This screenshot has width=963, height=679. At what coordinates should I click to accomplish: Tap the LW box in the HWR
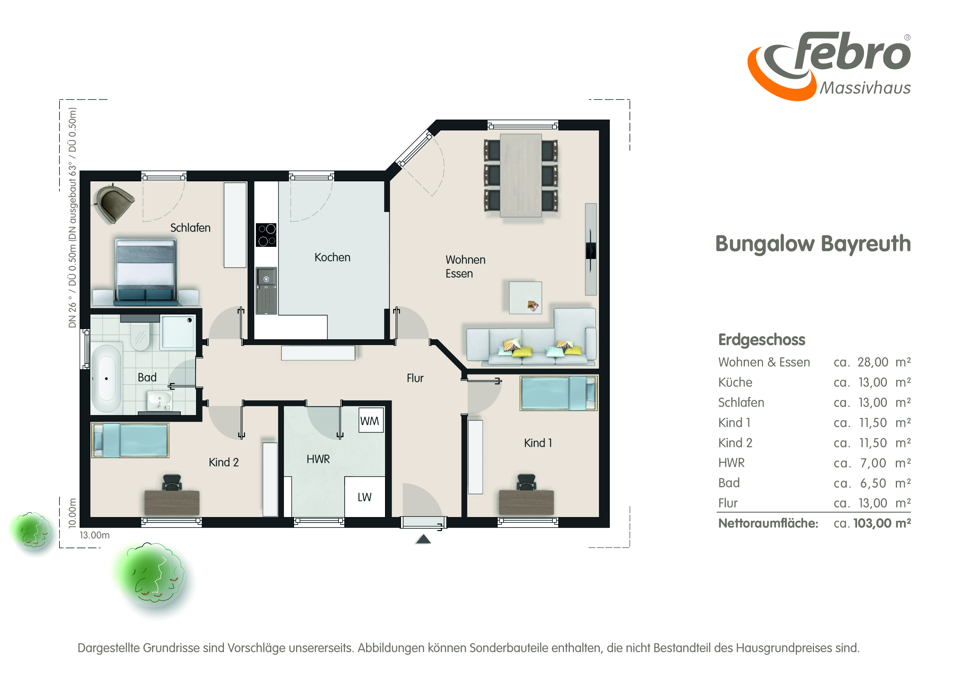364,497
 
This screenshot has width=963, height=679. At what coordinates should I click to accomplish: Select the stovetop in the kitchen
266,235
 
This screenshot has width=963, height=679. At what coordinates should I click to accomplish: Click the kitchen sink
266,290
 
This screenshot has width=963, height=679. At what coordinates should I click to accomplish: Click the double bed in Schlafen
146,272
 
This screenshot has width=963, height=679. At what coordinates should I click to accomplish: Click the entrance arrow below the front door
423,539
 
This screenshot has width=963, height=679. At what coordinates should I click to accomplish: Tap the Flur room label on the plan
415,378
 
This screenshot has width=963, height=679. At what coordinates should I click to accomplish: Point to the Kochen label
333,257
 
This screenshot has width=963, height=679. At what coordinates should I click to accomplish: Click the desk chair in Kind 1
526,482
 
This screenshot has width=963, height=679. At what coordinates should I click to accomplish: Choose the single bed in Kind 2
130,440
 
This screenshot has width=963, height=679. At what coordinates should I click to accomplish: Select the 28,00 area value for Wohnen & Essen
873,362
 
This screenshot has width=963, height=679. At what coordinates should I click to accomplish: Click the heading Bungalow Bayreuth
813,245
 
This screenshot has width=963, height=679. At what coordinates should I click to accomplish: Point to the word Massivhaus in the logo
865,88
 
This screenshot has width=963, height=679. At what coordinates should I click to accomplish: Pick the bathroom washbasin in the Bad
160,401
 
